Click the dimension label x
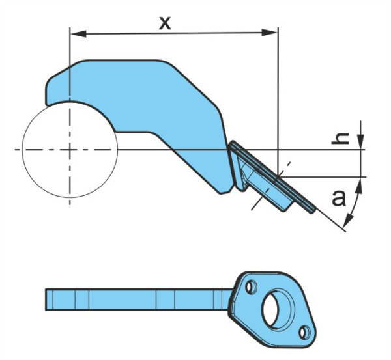[x=165, y=23]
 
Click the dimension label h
[x=340, y=138]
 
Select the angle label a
[x=339, y=198]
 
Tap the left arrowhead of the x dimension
[x=79, y=34]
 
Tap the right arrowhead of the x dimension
[x=269, y=33]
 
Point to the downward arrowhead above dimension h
[x=360, y=142]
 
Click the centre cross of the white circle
[x=70, y=150]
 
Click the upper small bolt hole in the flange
[x=251, y=287]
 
